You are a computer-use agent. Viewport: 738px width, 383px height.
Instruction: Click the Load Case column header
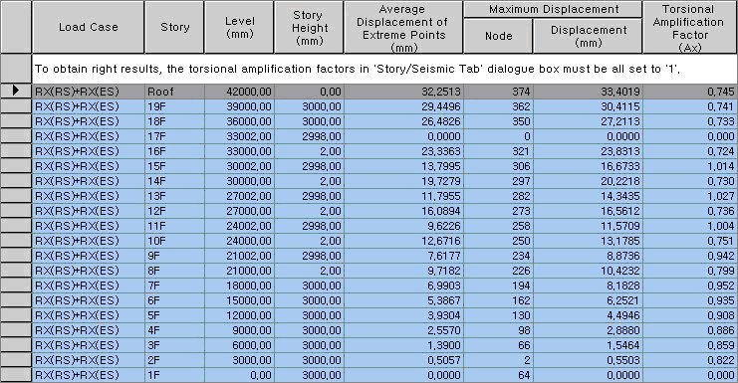point(88,28)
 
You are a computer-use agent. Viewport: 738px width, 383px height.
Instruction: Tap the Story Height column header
point(309,28)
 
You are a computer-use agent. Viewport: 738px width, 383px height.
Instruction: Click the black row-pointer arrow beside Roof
point(14,91)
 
